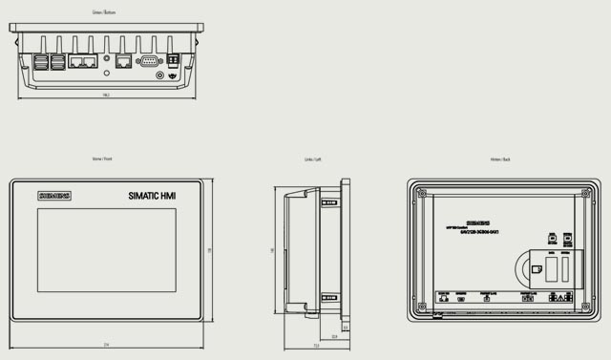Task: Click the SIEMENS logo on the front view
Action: click(54, 196)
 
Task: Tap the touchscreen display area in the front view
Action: click(107, 248)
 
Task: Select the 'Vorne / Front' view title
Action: click(101, 159)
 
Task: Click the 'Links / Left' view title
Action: click(313, 159)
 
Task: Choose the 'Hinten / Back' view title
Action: click(500, 159)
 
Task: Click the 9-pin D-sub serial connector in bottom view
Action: click(149, 60)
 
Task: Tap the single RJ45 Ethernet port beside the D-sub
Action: click(123, 60)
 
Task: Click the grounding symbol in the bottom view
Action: click(173, 76)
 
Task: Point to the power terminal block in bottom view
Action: click(173, 60)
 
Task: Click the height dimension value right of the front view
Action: click(208, 249)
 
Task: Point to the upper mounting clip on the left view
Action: click(327, 202)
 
